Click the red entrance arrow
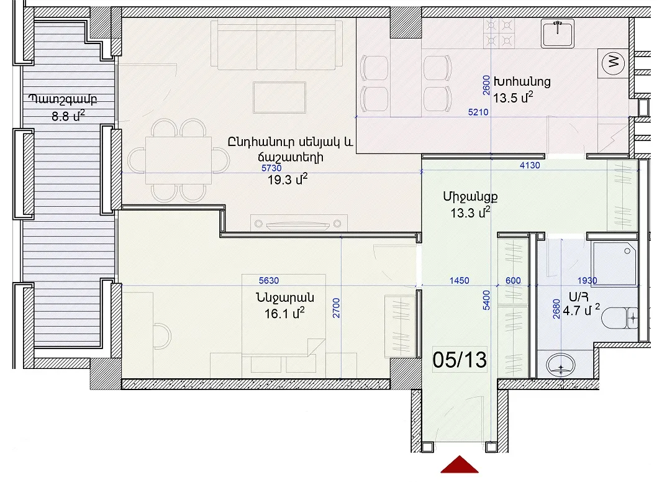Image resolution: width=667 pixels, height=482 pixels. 460,465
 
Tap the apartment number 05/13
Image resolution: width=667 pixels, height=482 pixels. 460,360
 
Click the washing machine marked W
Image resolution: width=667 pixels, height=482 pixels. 613,63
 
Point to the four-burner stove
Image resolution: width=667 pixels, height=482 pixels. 499,33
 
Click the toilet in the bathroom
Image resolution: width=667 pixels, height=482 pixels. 620,318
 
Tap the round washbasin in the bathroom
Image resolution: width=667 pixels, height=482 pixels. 561,365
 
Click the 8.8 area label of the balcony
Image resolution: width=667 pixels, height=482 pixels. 68,116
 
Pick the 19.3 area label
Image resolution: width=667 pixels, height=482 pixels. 287,180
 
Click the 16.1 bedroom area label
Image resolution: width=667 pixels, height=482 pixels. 284,314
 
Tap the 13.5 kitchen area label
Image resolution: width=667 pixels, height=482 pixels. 513,98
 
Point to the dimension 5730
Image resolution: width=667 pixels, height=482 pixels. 271,168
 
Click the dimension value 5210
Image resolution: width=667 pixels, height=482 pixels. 478,112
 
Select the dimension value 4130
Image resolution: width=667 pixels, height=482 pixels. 530,165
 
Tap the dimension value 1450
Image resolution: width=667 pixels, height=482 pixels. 460,281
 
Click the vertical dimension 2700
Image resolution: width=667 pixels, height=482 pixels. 336,308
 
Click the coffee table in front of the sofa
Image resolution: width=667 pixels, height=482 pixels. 279,98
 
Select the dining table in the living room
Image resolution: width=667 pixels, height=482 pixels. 178,160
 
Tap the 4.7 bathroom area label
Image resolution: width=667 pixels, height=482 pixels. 581,310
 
